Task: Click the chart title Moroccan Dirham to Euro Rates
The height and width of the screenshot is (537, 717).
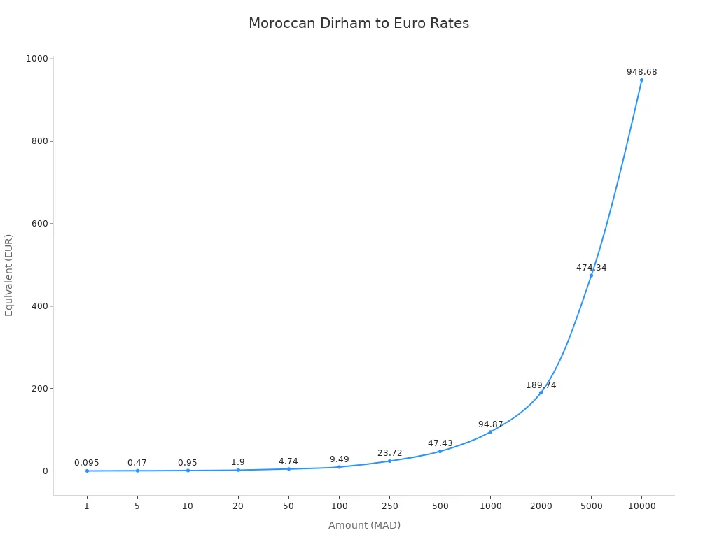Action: point(358,23)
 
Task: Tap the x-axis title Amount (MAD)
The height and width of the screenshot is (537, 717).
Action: point(364,525)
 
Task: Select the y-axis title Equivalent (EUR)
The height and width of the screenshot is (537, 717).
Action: point(9,275)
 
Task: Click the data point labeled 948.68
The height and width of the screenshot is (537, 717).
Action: point(641,80)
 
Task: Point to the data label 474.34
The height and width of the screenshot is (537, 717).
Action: point(591,268)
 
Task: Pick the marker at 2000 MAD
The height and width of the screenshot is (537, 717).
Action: point(541,392)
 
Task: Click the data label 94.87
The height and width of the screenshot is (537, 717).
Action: point(490,424)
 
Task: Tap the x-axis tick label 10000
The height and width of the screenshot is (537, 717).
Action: point(641,506)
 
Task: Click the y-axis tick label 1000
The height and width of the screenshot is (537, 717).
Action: point(36,59)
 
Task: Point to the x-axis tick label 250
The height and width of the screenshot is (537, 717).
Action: point(389,506)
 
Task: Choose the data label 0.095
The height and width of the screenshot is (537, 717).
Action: point(87,463)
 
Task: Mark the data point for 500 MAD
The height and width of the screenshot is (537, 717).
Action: point(440,451)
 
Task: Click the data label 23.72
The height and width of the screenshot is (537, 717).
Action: point(389,453)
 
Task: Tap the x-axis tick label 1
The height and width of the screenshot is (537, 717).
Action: point(87,506)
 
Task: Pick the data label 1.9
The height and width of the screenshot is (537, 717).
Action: point(238,462)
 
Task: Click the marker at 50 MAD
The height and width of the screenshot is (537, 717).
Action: point(288,468)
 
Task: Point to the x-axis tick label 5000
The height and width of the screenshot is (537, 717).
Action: point(591,506)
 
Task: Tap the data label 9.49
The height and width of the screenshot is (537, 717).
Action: point(339,459)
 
